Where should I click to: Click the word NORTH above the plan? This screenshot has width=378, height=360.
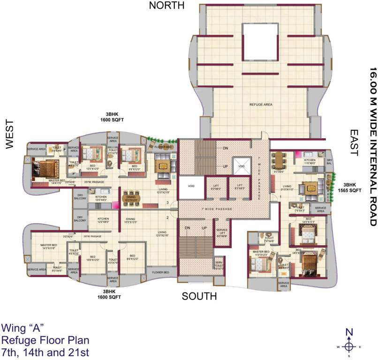pyautogui.click(x=166, y=5)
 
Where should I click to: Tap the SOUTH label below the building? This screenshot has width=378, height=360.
pyautogui.click(x=199, y=296)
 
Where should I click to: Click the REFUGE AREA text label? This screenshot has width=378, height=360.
pyautogui.click(x=261, y=105)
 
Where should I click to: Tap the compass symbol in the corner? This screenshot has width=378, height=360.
pyautogui.click(x=348, y=346)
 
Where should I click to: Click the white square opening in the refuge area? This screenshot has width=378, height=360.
pyautogui.click(x=260, y=41)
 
